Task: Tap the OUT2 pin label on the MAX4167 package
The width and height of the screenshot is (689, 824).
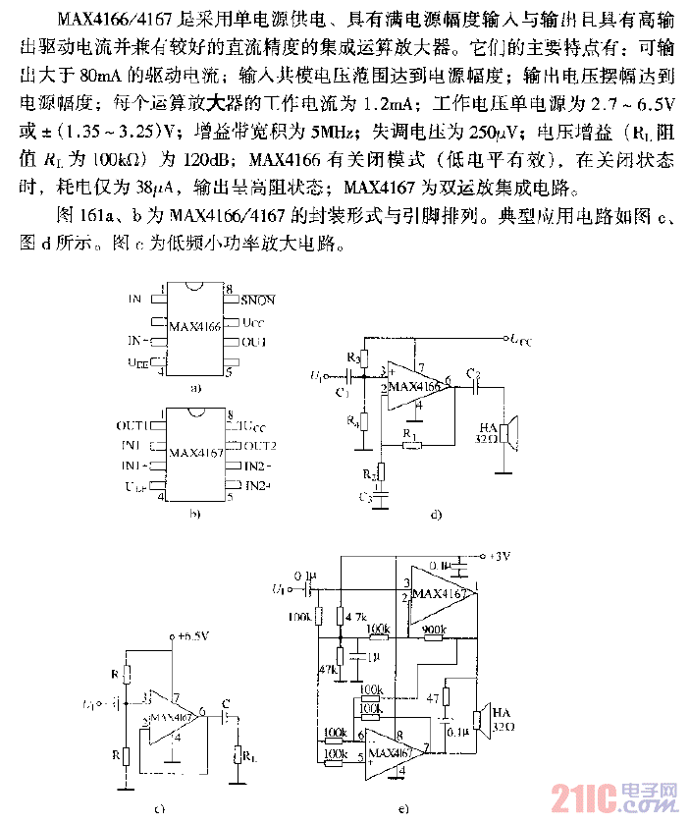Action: (x=260, y=446)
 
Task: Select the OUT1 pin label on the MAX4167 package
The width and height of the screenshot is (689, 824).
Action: (x=131, y=426)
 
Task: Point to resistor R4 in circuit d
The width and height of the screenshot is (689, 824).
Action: (x=363, y=421)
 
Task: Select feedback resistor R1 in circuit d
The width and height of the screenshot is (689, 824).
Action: (x=413, y=443)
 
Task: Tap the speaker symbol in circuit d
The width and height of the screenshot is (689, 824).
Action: (x=506, y=433)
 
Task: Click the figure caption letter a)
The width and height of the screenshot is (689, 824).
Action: (x=196, y=389)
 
